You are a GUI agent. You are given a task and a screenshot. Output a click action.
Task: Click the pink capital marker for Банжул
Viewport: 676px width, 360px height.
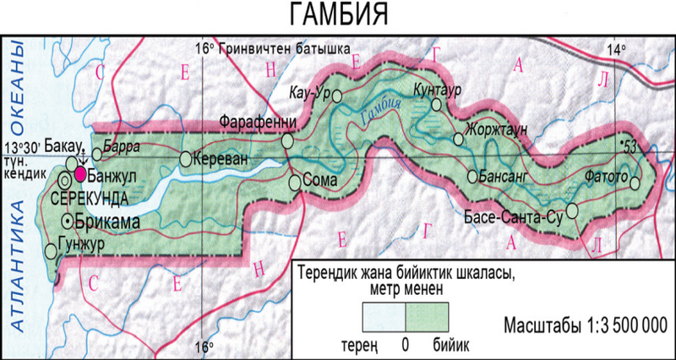80,174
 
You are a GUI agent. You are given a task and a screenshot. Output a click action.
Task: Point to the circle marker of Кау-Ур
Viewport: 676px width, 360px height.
336,95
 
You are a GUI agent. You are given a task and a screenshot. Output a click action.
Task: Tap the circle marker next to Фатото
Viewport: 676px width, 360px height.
635,179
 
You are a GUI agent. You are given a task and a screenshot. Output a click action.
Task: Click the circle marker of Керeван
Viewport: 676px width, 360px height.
186,158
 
